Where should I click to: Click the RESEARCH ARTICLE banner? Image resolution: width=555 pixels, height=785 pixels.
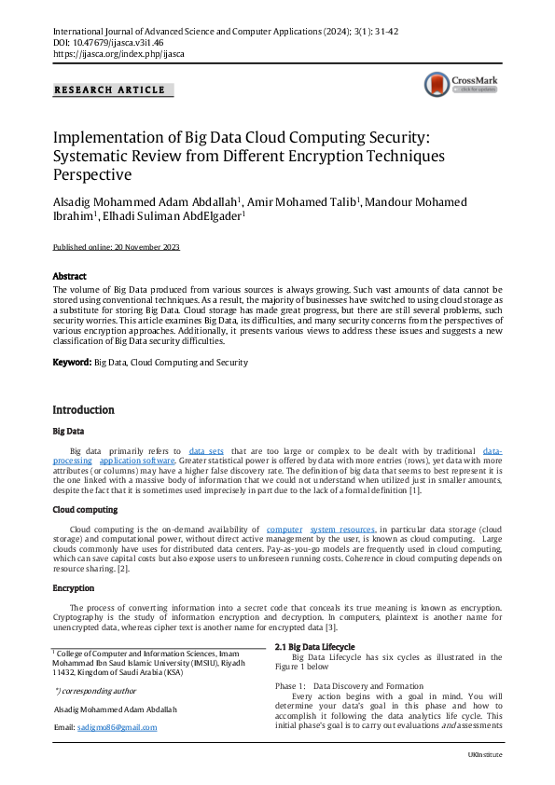point(110,90)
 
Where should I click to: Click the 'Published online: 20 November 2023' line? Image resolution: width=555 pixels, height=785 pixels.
point(116,247)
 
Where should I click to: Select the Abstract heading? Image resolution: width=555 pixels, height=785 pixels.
point(69,277)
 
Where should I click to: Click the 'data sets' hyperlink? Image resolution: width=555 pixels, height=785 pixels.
point(206,450)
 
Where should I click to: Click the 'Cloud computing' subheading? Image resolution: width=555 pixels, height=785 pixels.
point(85,510)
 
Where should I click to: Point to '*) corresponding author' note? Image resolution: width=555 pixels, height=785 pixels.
point(95,691)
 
